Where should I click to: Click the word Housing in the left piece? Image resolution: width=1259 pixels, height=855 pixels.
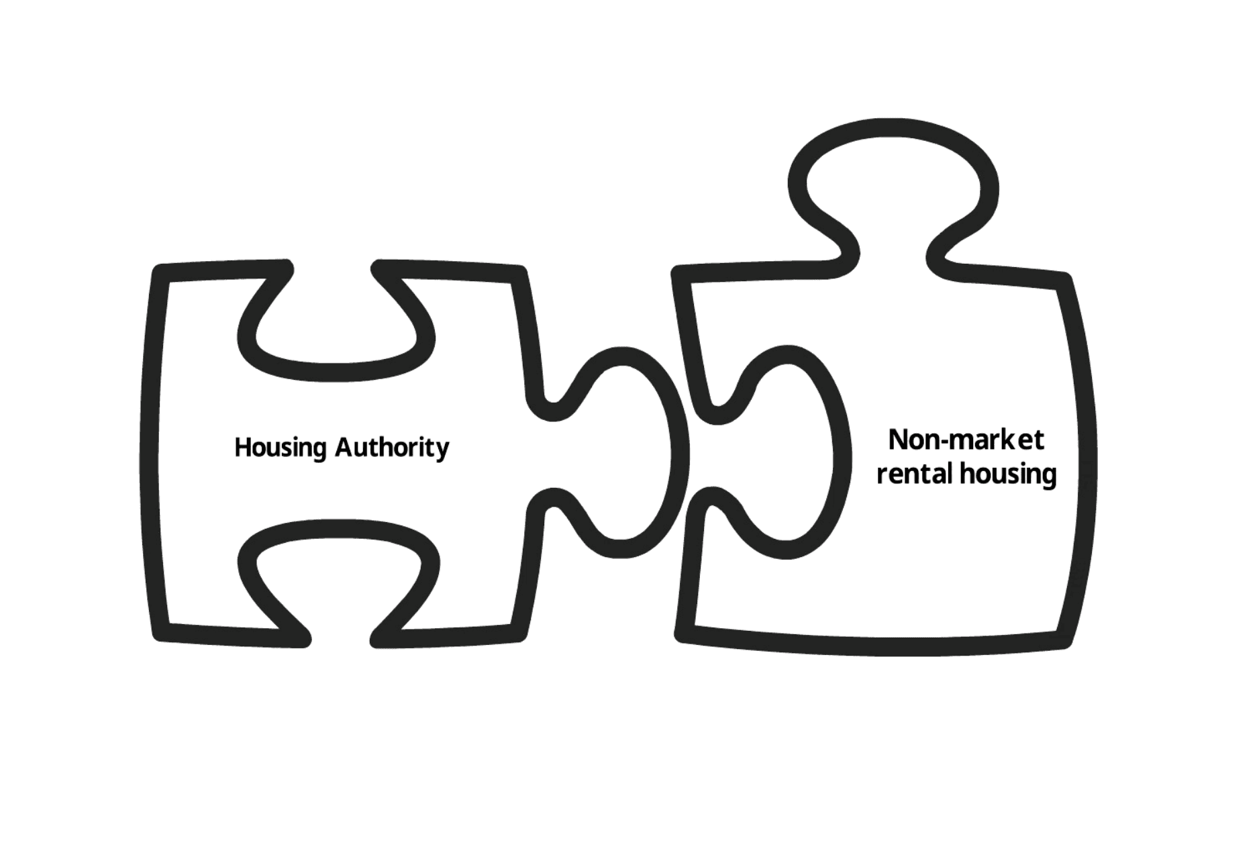tap(280, 448)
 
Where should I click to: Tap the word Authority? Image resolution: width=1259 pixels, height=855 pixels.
tap(392, 448)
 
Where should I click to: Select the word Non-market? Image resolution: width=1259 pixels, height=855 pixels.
tap(966, 440)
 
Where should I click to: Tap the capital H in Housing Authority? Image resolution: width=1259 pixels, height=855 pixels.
tap(242, 447)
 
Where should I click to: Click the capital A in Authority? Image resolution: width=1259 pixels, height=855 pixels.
tap(343, 446)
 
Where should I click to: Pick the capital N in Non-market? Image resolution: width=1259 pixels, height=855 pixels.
tap(897, 440)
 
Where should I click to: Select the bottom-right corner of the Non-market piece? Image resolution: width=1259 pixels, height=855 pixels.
tap(1063, 641)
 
